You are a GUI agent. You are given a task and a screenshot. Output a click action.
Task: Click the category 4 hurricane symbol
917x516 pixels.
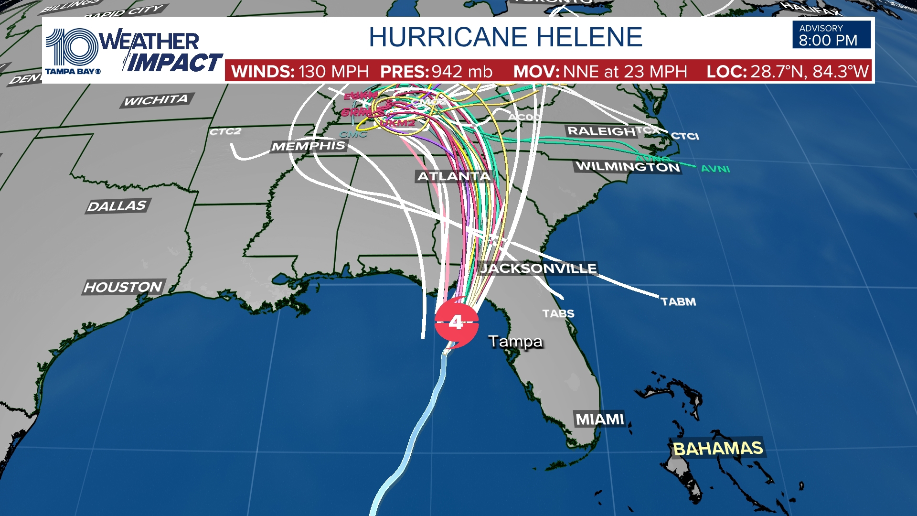(x=456, y=322)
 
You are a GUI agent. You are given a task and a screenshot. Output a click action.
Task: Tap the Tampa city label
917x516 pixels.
(x=515, y=341)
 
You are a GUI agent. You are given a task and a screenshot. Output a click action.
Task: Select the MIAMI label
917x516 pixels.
(x=600, y=419)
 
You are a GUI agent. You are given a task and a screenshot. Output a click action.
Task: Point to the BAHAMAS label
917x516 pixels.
(x=717, y=449)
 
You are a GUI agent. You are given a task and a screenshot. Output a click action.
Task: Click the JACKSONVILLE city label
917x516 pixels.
(x=538, y=268)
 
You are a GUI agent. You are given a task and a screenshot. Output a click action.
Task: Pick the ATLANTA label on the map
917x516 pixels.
(x=454, y=176)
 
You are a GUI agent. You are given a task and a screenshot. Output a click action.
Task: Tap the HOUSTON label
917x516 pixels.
(x=123, y=287)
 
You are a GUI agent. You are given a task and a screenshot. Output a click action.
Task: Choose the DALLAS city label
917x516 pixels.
(x=117, y=206)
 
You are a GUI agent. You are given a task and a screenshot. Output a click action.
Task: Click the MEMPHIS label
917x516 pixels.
(x=309, y=146)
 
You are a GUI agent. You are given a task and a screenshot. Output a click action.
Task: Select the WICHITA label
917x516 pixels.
(x=156, y=100)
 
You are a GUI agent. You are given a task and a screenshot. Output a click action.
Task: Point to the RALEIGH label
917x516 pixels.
(x=601, y=131)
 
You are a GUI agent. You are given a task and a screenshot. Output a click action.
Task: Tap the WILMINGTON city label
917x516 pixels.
(x=628, y=166)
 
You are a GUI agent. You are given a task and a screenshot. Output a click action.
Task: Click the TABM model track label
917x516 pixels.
(x=678, y=301)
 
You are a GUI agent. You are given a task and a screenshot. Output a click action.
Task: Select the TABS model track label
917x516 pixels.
(x=558, y=313)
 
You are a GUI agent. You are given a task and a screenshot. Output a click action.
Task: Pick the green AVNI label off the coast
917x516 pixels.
(x=715, y=169)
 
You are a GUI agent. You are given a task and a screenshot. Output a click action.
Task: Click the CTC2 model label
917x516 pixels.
(x=225, y=131)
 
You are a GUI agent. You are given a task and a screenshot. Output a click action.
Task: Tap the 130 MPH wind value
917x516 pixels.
(x=333, y=72)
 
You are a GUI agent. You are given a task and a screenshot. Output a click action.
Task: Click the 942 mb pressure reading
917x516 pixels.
(x=461, y=72)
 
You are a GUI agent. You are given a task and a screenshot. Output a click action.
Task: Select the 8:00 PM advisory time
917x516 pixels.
(x=828, y=41)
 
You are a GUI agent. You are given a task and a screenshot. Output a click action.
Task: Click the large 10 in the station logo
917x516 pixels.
(x=72, y=47)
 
